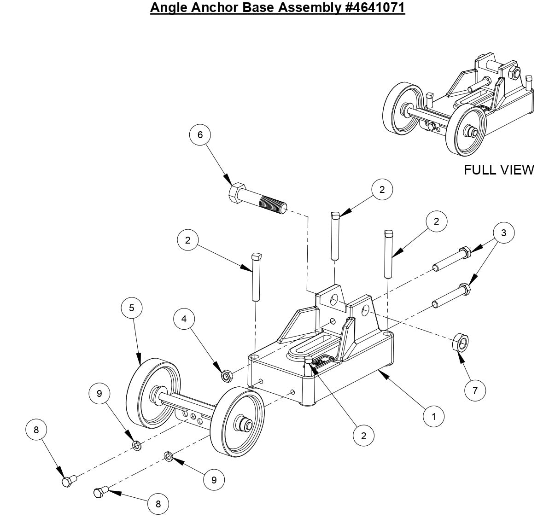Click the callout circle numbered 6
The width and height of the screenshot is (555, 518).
(200, 134)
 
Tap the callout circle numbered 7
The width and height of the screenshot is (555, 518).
(475, 390)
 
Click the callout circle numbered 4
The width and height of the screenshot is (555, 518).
(184, 319)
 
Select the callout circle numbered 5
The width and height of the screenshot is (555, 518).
(132, 308)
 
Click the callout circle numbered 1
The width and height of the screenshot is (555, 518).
(433, 416)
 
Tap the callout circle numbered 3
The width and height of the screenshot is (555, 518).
(503, 233)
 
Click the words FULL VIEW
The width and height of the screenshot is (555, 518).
(499, 170)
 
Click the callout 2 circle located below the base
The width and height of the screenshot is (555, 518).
(363, 436)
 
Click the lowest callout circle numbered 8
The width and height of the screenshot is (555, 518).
(158, 503)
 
